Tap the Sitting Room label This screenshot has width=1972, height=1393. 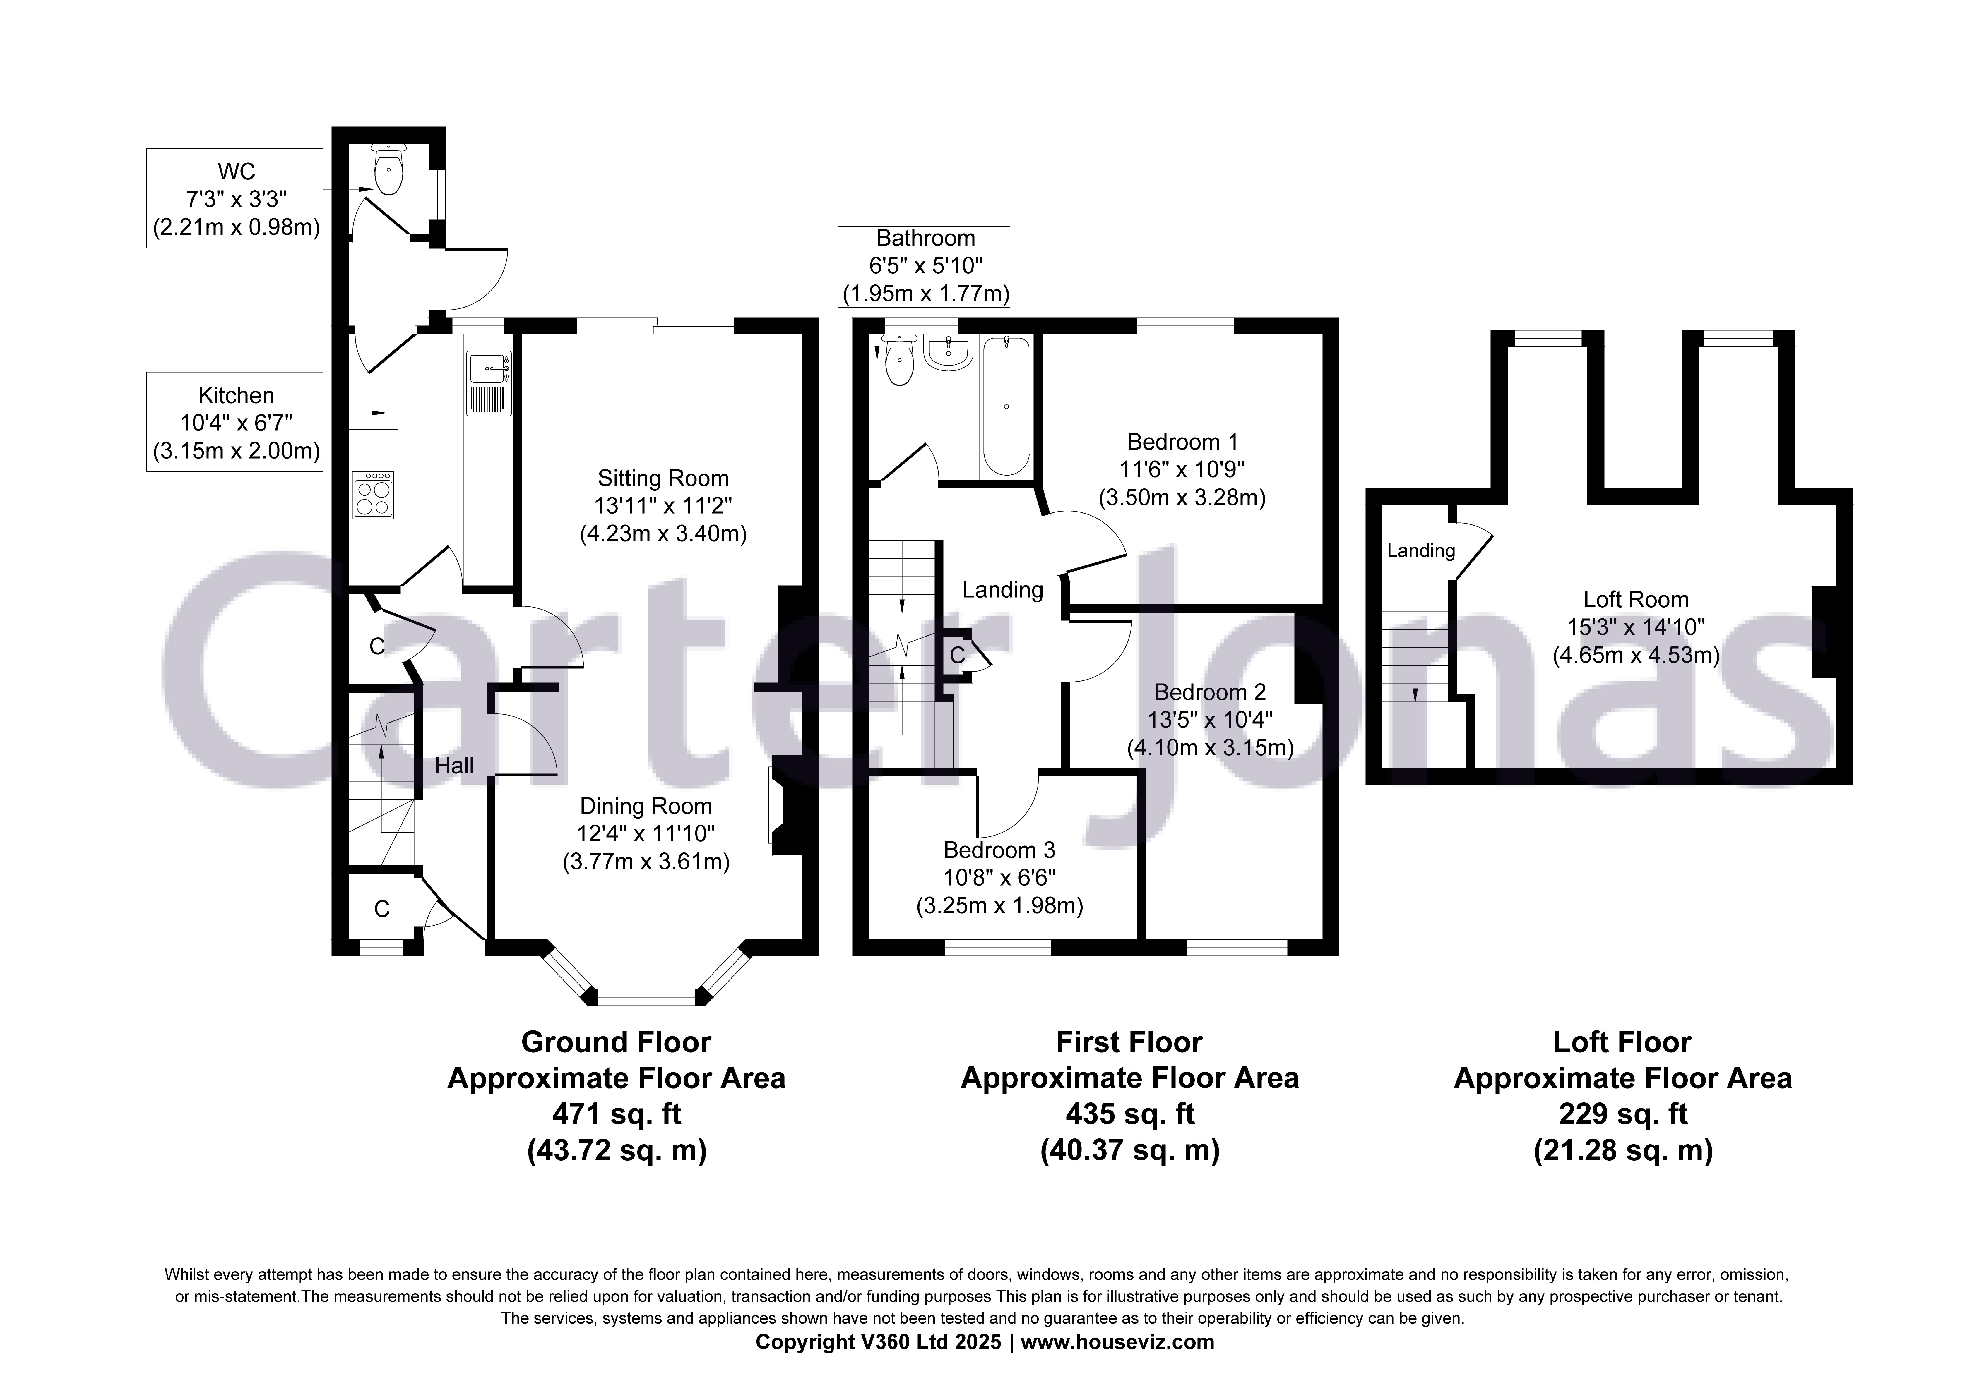point(663,478)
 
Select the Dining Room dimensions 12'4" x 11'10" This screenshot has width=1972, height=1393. point(646,833)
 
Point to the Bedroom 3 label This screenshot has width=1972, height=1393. point(999,850)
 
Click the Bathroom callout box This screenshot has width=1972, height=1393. point(924,266)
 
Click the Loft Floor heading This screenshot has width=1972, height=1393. point(1622,1042)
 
